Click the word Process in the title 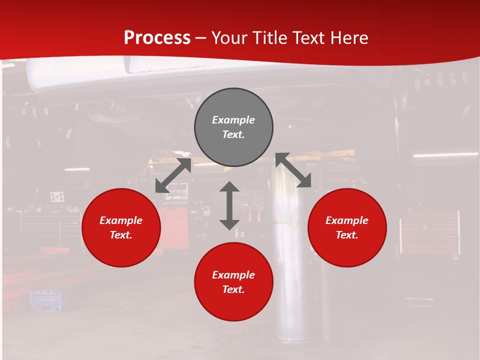point(157,38)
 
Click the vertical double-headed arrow point(229,205)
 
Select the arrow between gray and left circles point(173,175)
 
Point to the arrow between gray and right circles point(293,170)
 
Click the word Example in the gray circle point(233,120)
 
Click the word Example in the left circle point(121,220)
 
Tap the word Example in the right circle point(347,220)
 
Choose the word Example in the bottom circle point(233,275)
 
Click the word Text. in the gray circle point(233,134)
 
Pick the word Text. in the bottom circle point(233,289)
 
